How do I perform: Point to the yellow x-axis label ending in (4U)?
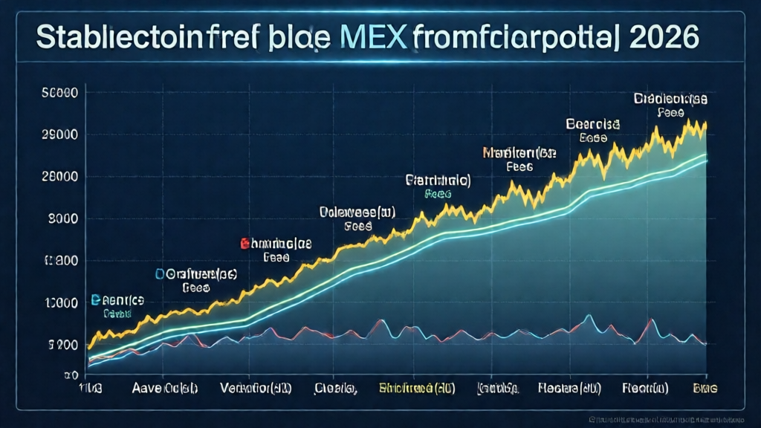[415, 388]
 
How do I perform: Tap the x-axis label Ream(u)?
[645, 388]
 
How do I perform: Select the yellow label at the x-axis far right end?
[705, 388]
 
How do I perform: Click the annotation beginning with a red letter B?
[276, 243]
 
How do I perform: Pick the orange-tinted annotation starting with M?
[519, 153]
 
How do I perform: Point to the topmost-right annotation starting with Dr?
[670, 99]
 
